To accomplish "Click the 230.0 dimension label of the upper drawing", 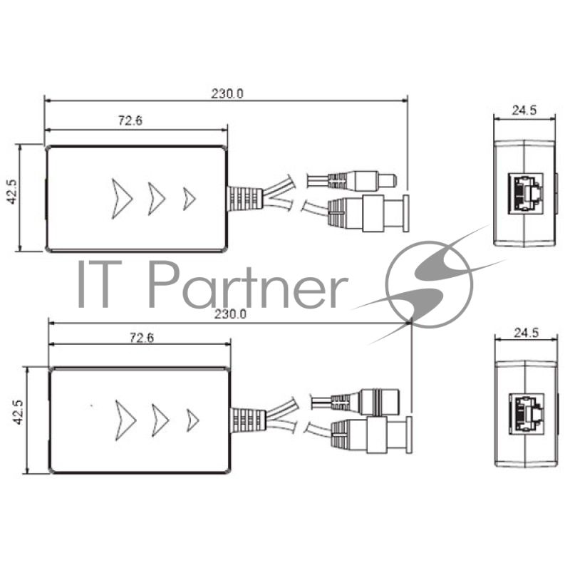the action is click(x=227, y=94).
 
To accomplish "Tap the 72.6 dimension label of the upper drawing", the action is click(x=130, y=120).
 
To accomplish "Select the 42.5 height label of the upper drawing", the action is click(x=12, y=191).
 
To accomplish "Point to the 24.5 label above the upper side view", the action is click(x=524, y=110).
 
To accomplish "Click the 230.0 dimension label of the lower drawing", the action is click(x=230, y=314).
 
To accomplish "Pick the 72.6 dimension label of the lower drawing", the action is click(x=142, y=338).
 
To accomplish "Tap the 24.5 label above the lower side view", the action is click(x=527, y=333).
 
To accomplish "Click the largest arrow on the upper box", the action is click(x=122, y=199).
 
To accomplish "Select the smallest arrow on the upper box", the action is click(x=189, y=199).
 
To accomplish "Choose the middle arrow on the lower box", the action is click(x=160, y=420).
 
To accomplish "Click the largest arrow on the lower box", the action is click(x=125, y=420).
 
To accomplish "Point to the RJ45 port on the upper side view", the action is click(x=525, y=192).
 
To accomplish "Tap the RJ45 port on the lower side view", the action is click(x=527, y=413).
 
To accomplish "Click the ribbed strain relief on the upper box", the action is click(x=245, y=199).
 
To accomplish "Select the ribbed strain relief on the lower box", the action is click(x=249, y=420).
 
